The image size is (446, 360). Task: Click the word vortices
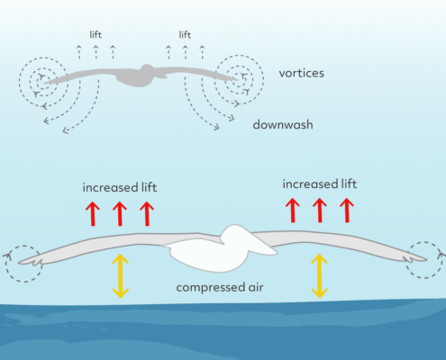302,73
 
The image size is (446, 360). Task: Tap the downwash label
283,124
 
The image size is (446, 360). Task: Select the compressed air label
220,288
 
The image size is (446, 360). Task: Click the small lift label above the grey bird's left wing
96,34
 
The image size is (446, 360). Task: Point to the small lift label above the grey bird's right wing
185,34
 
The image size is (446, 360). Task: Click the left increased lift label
120,187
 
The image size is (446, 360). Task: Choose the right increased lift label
320,184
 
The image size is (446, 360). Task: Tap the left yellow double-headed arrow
121,276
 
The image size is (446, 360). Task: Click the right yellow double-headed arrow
319,276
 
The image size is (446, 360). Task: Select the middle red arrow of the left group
120,213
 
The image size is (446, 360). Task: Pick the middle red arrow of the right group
320,210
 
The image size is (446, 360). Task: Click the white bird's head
237,235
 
